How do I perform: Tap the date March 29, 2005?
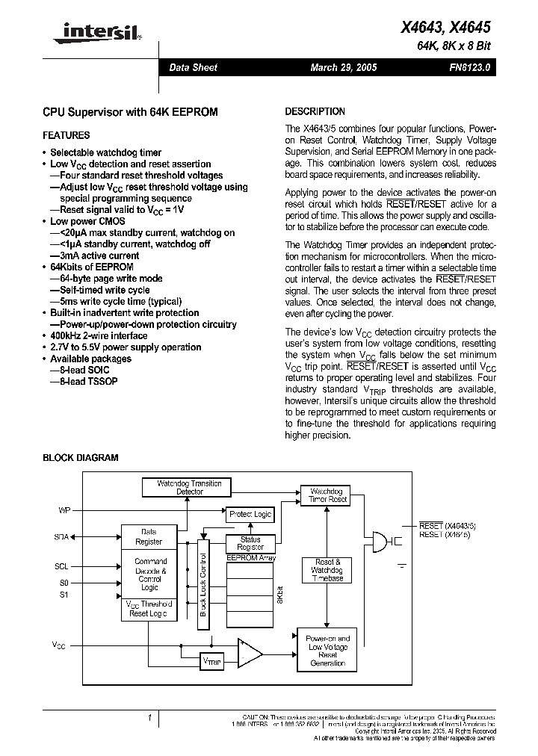(344, 67)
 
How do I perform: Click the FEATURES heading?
(67, 135)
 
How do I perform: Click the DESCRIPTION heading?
(315, 111)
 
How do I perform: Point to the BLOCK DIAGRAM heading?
(81, 458)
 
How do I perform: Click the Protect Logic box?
(250, 515)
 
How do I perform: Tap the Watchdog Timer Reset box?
(325, 495)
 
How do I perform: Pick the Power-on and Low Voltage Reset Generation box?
(327, 651)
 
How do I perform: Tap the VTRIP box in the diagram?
(212, 661)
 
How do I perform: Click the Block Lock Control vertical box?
(202, 580)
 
